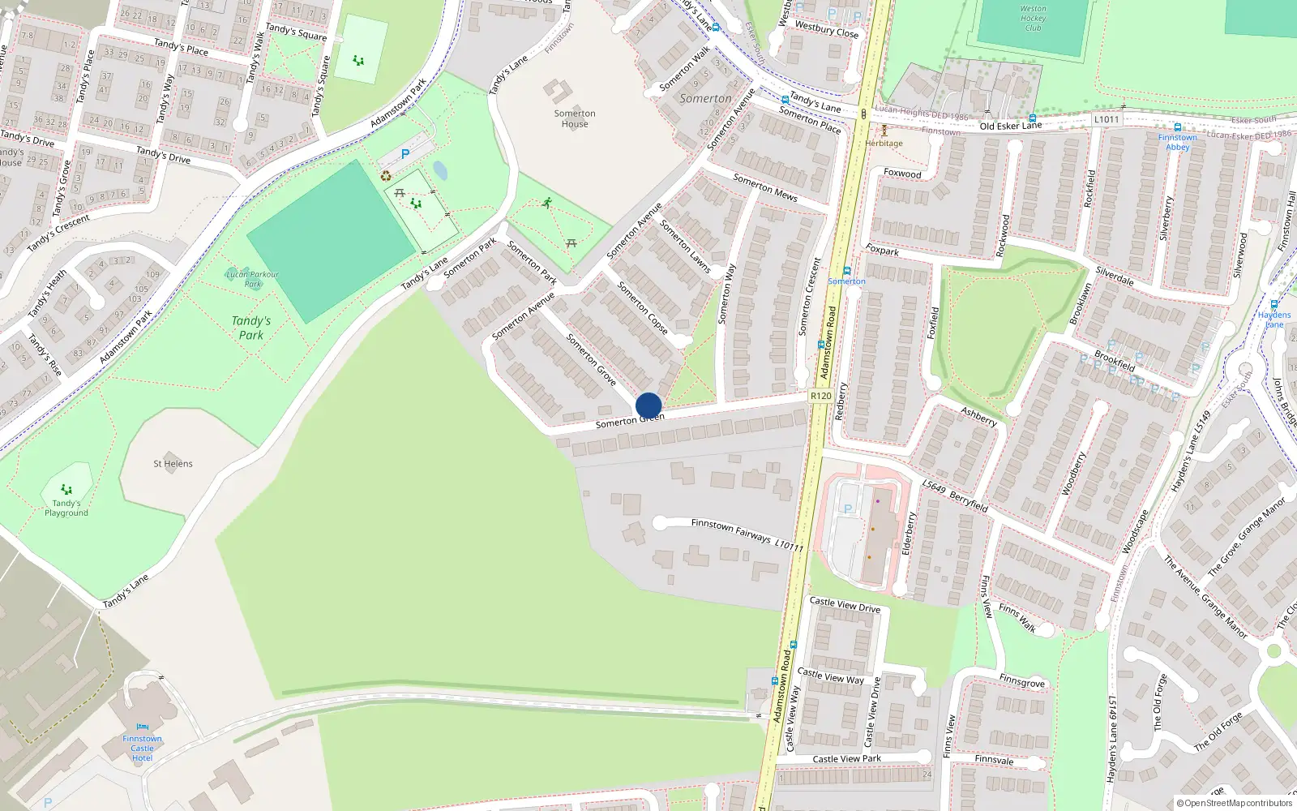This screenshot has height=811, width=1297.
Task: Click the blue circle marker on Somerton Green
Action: tap(648, 405)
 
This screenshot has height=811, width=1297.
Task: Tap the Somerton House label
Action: tap(575, 118)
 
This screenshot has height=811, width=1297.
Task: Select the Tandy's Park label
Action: tap(251, 328)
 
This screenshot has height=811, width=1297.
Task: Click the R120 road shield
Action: tap(820, 396)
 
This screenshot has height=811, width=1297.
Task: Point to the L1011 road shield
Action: tap(1107, 119)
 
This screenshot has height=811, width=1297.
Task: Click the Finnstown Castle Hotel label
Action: tap(142, 748)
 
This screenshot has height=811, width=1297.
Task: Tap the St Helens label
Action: tap(173, 464)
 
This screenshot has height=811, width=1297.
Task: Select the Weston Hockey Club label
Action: tap(1033, 18)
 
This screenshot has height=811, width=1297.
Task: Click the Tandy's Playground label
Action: tap(66, 508)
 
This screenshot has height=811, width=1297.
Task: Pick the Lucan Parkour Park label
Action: tap(252, 279)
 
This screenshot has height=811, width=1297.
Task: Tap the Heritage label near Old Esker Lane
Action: tap(884, 144)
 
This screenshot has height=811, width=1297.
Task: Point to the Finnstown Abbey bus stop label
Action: tap(1178, 142)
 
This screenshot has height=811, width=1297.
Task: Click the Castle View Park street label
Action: tap(846, 759)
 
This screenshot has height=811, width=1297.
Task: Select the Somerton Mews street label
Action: tap(765, 187)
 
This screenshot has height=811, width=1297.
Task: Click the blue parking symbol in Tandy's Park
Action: tap(405, 153)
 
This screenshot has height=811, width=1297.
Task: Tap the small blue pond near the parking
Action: tap(440, 170)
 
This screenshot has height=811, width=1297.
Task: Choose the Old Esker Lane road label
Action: tap(1010, 126)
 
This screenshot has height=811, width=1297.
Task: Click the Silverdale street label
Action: tap(1115, 276)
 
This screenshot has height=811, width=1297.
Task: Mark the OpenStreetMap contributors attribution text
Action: tap(1235, 803)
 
